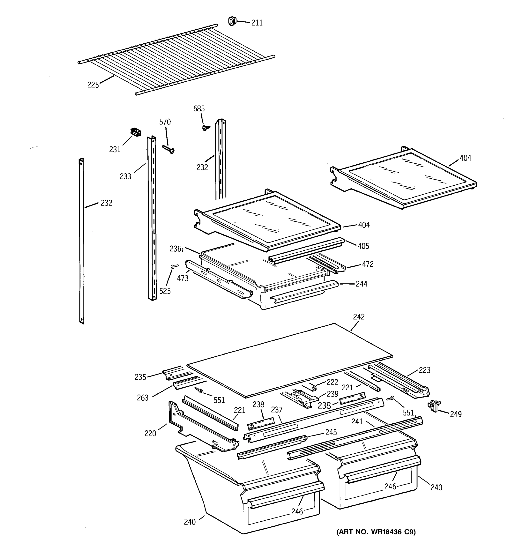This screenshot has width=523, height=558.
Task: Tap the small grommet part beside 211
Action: click(x=232, y=21)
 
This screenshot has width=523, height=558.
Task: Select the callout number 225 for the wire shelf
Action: click(x=93, y=85)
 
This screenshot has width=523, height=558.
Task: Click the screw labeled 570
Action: click(x=168, y=149)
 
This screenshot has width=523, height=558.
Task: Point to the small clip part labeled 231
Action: click(x=136, y=132)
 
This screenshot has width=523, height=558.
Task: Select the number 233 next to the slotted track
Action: click(x=126, y=176)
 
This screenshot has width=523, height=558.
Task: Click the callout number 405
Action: click(x=363, y=246)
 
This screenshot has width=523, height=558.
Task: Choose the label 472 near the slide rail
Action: click(x=367, y=264)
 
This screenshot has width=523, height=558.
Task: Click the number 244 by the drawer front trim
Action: click(x=361, y=284)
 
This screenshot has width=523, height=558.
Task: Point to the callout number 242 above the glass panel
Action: click(x=359, y=317)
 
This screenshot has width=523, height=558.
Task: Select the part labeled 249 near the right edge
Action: click(x=434, y=406)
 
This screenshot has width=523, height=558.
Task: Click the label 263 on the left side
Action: click(x=142, y=398)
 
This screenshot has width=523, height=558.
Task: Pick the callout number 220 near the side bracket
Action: click(x=150, y=434)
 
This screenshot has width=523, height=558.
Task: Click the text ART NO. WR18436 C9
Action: click(x=376, y=532)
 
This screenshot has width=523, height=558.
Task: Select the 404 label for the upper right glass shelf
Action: click(x=465, y=158)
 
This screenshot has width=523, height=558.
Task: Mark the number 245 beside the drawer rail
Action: click(x=331, y=432)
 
